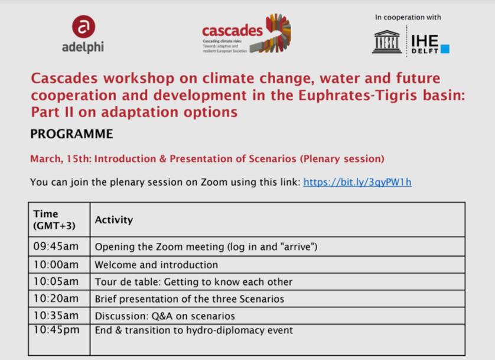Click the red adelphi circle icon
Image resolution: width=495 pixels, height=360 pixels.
pos(83,27)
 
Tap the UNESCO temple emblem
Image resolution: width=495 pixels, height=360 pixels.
pos(387,42)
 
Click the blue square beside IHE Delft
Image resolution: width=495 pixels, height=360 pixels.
pos(445,49)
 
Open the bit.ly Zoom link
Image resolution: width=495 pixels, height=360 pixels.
pos(357,182)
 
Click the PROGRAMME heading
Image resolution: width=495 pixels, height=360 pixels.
pos(71,134)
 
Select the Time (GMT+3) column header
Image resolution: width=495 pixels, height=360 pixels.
pos(54,219)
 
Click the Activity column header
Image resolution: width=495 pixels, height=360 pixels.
pos(114,220)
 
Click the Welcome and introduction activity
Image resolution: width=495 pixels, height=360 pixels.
pos(157,265)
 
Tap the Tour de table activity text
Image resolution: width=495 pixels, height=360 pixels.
pos(194,282)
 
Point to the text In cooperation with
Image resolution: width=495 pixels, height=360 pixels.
pos(408,17)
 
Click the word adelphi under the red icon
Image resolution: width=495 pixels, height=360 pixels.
pos(83,47)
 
